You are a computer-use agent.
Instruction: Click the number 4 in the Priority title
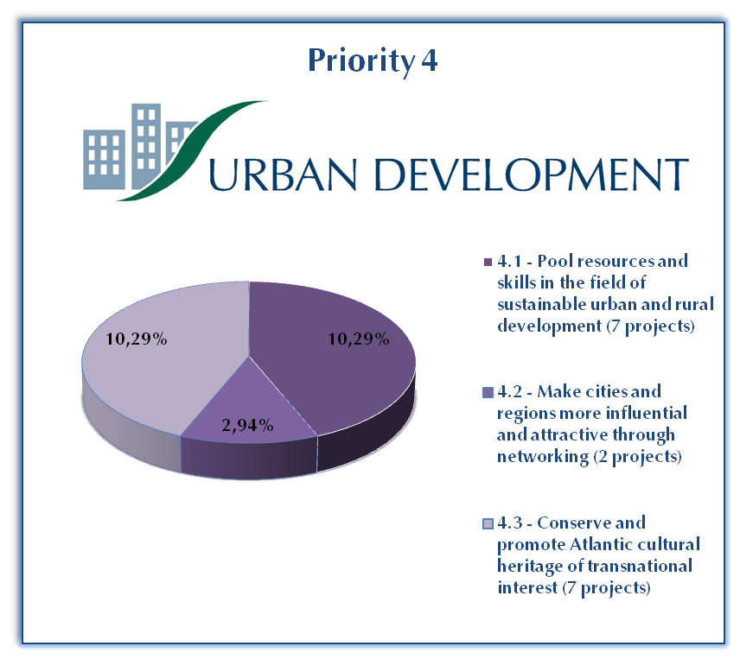(x=429, y=60)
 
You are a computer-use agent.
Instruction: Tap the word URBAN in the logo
(x=282, y=174)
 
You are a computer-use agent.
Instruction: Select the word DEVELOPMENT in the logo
(x=532, y=174)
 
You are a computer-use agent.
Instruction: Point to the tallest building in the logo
(x=145, y=146)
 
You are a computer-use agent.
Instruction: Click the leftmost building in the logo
(x=105, y=159)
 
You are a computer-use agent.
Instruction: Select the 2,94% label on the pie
(x=247, y=426)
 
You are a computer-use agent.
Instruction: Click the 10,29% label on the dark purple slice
(x=359, y=339)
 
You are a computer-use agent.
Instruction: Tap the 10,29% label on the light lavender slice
(x=137, y=339)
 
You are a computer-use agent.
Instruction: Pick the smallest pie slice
(x=249, y=410)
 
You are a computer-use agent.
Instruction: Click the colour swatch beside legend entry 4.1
(x=488, y=262)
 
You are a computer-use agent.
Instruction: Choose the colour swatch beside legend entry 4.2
(x=488, y=393)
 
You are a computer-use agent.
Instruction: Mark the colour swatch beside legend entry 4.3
(x=488, y=523)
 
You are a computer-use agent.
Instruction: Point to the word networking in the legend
(x=543, y=457)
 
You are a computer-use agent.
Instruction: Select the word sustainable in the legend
(x=541, y=305)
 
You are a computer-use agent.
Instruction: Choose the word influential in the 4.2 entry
(x=646, y=414)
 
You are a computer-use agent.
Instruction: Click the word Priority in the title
(x=361, y=61)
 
